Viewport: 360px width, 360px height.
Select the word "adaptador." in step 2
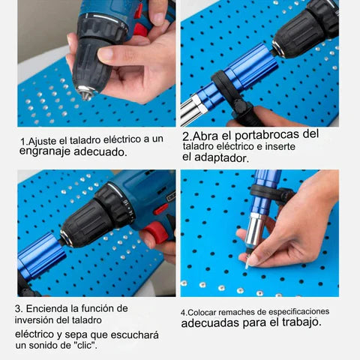[x=221, y=158]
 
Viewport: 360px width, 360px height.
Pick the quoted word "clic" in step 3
[x=84, y=346]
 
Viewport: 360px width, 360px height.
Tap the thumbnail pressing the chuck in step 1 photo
[x=106, y=53]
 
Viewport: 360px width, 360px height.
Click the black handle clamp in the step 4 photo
[x=272, y=193]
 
